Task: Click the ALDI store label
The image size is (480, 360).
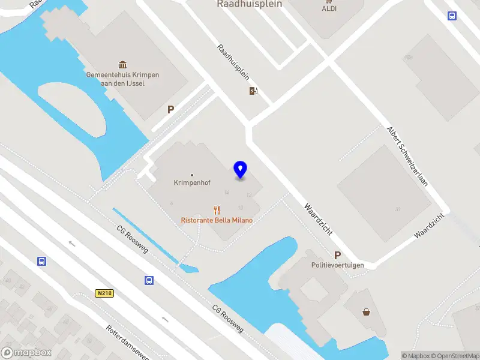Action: [x=329, y=8]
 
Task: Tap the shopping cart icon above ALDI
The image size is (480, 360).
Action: [x=329, y=1]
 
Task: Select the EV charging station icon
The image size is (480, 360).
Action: [x=254, y=91]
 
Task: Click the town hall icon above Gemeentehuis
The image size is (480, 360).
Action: [x=123, y=65]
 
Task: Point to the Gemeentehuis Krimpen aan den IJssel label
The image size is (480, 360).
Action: [x=123, y=79]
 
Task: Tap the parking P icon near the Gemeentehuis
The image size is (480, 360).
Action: [x=170, y=110]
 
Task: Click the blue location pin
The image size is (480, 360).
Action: [x=241, y=170]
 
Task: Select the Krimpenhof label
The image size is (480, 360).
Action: [x=191, y=182]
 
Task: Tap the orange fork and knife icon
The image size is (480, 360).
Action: [x=217, y=210]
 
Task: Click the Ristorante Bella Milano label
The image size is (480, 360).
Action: [x=217, y=220]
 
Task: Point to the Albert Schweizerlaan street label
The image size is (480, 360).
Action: [x=407, y=155]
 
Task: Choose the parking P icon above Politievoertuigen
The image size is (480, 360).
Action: [x=337, y=255]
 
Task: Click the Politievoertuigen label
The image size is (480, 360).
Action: [x=337, y=265]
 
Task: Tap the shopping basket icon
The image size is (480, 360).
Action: [x=366, y=311]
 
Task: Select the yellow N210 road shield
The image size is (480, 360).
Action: [x=104, y=293]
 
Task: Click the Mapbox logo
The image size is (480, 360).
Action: [x=26, y=353]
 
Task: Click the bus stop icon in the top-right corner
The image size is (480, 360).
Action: [x=452, y=16]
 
